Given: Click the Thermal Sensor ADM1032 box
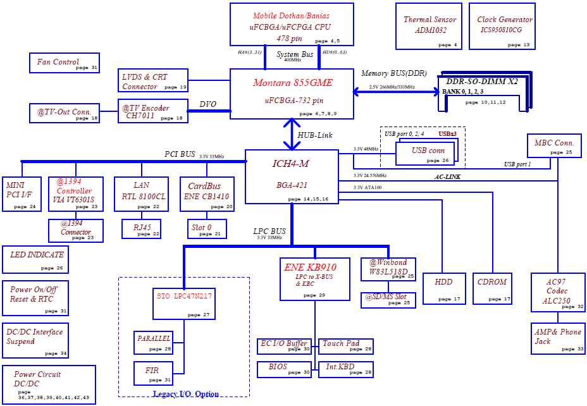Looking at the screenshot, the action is point(429,26).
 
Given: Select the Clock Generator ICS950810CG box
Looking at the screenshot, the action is point(502,26).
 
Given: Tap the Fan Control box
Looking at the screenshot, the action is point(65,63).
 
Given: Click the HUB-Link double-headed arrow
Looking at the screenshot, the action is point(292,134).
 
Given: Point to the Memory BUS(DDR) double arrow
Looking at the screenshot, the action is point(396,91).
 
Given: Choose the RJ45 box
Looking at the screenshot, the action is point(141,229).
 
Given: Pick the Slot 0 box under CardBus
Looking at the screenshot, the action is point(207,229).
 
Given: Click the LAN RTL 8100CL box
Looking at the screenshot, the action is point(141,194).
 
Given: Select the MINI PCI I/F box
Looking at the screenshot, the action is point(22,194).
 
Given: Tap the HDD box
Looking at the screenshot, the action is point(444,288).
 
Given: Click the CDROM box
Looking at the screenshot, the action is point(492,288).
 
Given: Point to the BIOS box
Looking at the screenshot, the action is point(284,369).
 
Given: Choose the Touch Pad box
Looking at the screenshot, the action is point(345,346).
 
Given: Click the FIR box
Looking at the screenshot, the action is point(154,373).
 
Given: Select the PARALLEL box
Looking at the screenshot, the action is point(154,342).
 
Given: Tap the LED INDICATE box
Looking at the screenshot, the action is point(35,259).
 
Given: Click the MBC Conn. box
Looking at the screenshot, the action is point(554,145).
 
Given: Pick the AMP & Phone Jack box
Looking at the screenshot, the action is point(558,338).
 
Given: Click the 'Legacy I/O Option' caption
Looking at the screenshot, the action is point(186,394).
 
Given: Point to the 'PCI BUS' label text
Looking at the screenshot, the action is point(180,154).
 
